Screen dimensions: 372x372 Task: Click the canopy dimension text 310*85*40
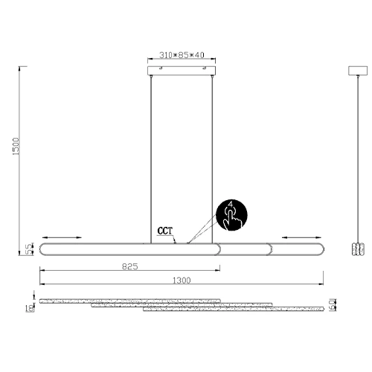pos(182,56)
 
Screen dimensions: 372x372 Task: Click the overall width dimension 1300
pos(181,280)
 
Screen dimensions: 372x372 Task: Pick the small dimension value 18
pos(29,308)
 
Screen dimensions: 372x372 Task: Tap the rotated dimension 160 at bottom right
pos(336,304)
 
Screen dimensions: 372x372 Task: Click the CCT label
pos(166,231)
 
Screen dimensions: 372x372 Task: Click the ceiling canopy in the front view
pos(183,70)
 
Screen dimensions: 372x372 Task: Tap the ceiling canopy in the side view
pos(359,70)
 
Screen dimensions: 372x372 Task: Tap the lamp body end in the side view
pos(359,249)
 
